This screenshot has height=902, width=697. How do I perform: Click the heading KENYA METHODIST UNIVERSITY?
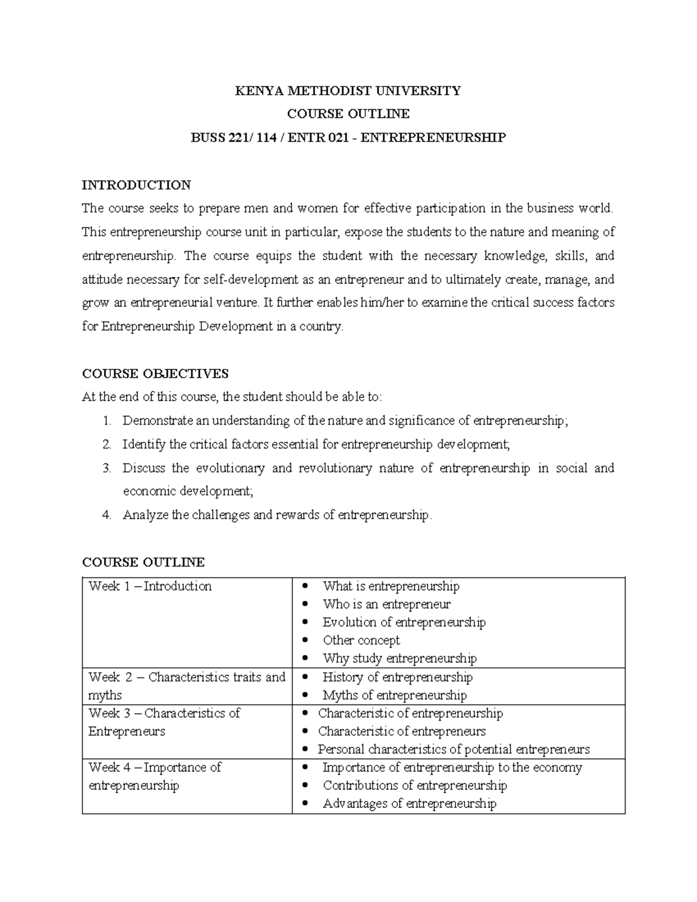pyautogui.click(x=347, y=91)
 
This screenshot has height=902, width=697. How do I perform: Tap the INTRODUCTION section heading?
pyautogui.click(x=136, y=185)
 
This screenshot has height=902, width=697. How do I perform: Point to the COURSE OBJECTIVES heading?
pyautogui.click(x=155, y=373)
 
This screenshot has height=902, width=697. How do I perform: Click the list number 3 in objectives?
pyautogui.click(x=106, y=468)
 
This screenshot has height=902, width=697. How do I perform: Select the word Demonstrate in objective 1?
pyautogui.click(x=157, y=421)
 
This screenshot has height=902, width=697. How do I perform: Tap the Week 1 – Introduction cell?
pyautogui.click(x=150, y=586)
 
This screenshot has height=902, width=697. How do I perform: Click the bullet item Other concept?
pyautogui.click(x=361, y=640)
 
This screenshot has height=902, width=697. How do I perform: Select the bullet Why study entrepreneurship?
pyautogui.click(x=399, y=658)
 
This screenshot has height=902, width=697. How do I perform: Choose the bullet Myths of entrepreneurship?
pyautogui.click(x=394, y=695)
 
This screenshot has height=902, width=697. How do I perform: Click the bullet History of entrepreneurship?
pyautogui.click(x=397, y=677)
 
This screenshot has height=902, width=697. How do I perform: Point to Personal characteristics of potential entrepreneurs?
pyautogui.click(x=453, y=749)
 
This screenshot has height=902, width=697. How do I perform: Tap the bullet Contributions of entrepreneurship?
pyautogui.click(x=415, y=785)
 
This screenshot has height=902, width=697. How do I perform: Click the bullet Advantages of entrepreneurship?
pyautogui.click(x=409, y=804)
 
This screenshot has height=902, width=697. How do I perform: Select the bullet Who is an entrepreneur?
pyautogui.click(x=386, y=604)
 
